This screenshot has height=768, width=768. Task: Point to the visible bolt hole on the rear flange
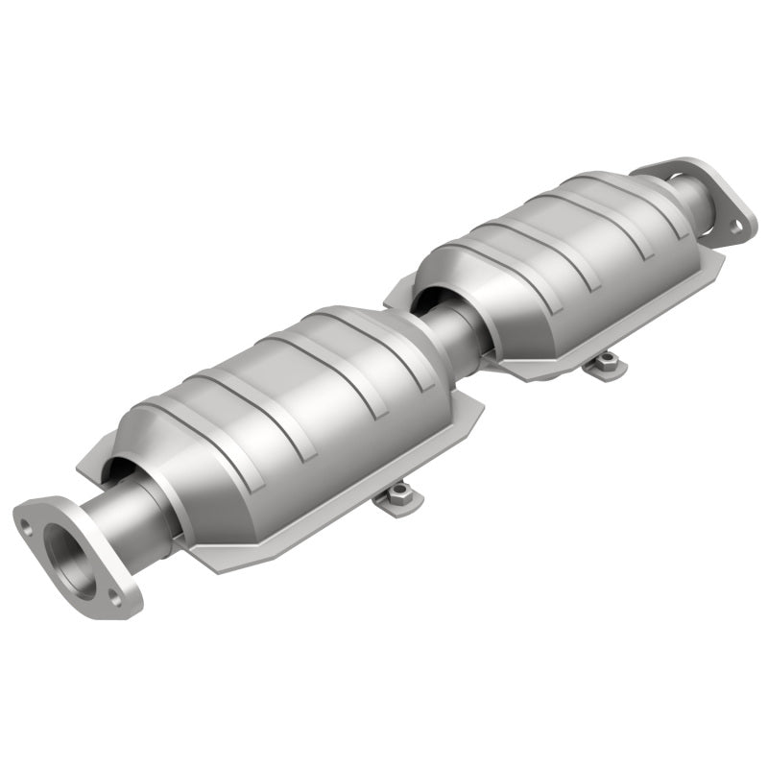[x=735, y=227]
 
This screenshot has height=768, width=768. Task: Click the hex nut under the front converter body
[x=399, y=496]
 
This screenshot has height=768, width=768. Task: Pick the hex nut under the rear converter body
[x=605, y=361]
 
